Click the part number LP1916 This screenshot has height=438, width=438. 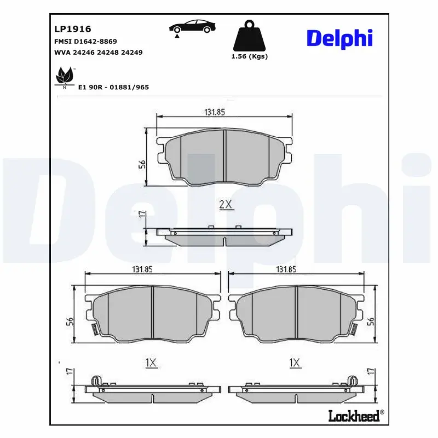[73, 29]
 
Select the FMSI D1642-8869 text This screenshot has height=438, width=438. [85, 42]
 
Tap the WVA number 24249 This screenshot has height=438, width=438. [131, 52]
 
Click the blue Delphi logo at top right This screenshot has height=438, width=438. [339, 38]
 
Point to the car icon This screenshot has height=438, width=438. [192, 26]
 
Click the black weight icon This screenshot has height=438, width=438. [250, 36]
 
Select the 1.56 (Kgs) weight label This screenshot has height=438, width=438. [250, 56]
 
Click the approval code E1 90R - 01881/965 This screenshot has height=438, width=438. [113, 87]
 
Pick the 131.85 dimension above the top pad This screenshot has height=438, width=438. [215, 112]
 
